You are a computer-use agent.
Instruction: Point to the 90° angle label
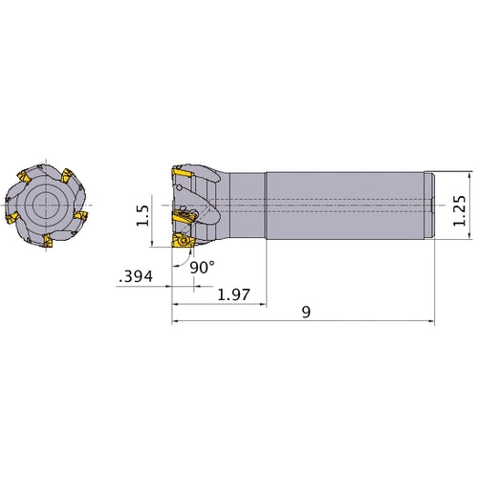click(201, 268)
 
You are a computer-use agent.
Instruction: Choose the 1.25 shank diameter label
click(462, 205)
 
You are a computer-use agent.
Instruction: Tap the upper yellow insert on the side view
click(182, 176)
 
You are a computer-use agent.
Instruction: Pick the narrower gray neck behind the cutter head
click(246, 205)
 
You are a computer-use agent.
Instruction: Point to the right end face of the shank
click(435, 205)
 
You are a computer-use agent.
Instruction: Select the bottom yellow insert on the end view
click(45, 241)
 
